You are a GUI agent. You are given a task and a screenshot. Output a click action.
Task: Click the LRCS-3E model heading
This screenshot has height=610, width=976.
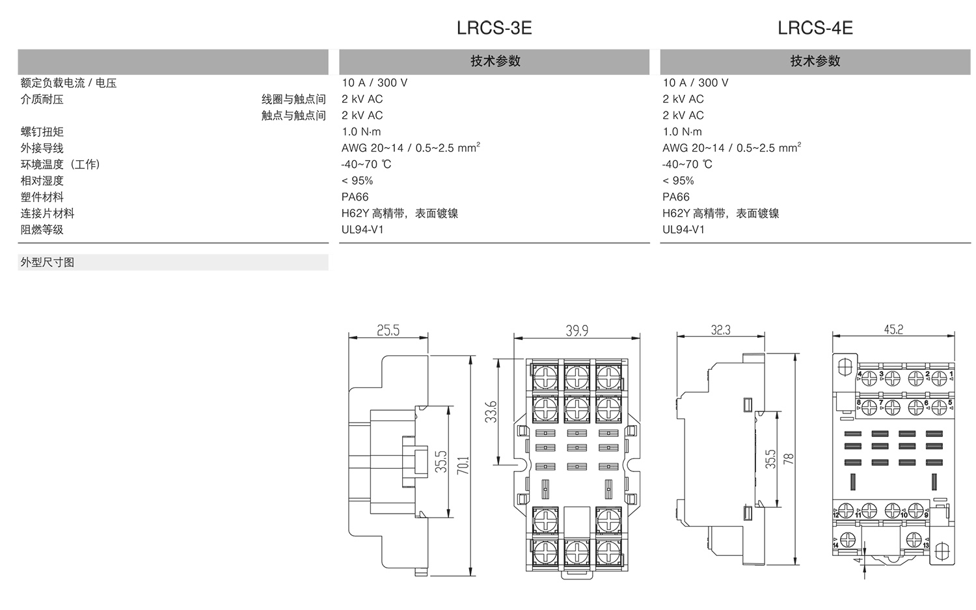click(x=495, y=28)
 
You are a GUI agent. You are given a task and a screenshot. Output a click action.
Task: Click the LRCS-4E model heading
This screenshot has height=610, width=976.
click(x=815, y=28)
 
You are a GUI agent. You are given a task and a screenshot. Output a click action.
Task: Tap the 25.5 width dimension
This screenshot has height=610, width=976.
click(x=388, y=331)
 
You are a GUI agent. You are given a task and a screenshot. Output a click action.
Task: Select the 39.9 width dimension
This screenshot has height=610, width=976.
click(x=576, y=331)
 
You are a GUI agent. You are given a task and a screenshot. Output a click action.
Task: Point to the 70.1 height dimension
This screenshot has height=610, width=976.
click(x=463, y=465)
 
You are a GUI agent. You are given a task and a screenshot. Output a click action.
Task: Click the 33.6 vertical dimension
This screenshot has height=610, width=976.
click(x=492, y=411)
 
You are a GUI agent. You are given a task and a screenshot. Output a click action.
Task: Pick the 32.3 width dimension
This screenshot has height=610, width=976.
click(x=720, y=330)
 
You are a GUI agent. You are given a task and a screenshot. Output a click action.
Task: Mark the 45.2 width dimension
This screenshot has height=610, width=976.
click(x=893, y=329)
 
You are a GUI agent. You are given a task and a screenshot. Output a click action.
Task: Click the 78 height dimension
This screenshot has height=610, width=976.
click(x=789, y=458)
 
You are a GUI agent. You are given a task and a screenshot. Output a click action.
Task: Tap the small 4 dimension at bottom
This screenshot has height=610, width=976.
click(x=858, y=559)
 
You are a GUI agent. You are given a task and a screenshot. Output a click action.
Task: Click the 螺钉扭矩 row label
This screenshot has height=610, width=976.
click(x=42, y=132)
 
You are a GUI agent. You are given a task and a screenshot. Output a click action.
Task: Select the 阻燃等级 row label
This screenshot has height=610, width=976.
click(x=42, y=230)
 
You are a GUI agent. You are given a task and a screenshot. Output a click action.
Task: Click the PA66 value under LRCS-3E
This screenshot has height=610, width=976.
click(x=355, y=197)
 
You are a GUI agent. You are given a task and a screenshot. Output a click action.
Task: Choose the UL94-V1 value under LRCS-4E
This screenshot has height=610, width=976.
click(x=683, y=230)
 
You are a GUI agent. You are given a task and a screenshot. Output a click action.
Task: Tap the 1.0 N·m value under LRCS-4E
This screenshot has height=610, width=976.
click(x=682, y=132)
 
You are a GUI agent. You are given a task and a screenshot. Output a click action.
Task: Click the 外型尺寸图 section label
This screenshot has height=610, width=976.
click(x=47, y=262)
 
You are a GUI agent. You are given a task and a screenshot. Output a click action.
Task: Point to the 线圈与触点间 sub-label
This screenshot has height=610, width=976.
click(x=293, y=100)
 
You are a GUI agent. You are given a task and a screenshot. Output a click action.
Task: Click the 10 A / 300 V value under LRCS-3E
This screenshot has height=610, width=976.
click(x=374, y=83)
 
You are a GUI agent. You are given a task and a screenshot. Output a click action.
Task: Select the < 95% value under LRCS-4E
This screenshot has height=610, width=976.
click(x=678, y=181)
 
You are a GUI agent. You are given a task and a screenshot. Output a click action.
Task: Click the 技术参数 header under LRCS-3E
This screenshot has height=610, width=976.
click(x=495, y=61)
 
